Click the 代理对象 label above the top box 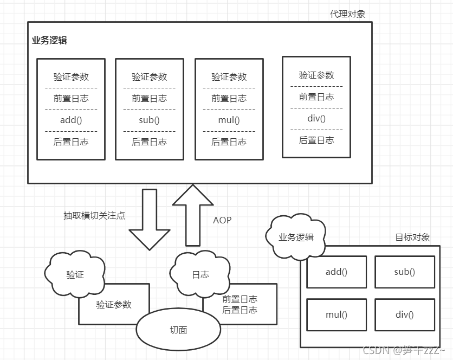click(347, 14)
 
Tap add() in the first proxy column click(71, 120)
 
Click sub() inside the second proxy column click(150, 120)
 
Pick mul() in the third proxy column click(229, 120)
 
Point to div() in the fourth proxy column click(316, 119)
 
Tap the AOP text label click(222, 220)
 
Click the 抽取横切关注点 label click(94, 215)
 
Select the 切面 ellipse click(178, 330)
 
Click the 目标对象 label click(412, 237)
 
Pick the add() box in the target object click(336, 272)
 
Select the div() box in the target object click(404, 314)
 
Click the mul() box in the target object click(336, 314)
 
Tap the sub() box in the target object click(404, 272)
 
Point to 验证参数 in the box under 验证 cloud click(114, 305)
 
